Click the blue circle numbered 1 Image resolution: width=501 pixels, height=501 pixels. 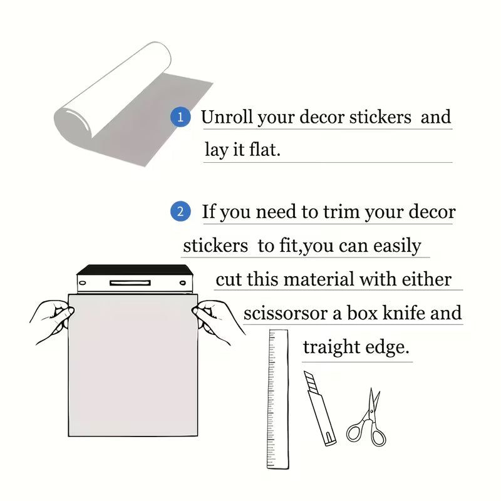(x=180, y=117)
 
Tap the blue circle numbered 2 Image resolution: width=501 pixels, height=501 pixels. (x=180, y=212)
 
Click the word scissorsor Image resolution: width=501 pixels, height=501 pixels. (x=286, y=312)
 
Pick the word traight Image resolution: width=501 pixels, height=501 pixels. (x=331, y=348)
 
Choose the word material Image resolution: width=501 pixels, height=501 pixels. (x=319, y=279)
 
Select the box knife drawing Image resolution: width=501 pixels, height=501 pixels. (x=319, y=408)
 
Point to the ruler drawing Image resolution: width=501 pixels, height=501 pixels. (x=277, y=400)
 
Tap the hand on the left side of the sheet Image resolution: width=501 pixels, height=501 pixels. (x=52, y=321)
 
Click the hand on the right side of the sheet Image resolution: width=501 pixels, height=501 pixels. (x=218, y=322)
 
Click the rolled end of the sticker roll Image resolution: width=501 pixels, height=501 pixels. (x=73, y=122)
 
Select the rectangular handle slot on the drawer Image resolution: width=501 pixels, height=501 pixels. (x=130, y=283)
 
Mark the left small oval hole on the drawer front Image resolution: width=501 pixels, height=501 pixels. (x=83, y=283)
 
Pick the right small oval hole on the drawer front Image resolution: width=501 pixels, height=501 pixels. (x=183, y=283)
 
